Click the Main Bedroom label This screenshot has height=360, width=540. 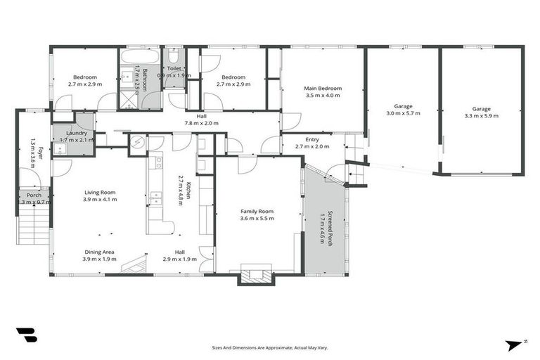pyautogui.click(x=322, y=89)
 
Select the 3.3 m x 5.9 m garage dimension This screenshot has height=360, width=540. pyautogui.click(x=481, y=116)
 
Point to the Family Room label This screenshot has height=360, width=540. pyautogui.click(x=257, y=211)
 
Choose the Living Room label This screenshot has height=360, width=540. pyautogui.click(x=100, y=192)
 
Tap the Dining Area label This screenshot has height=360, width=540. pyautogui.click(x=99, y=252)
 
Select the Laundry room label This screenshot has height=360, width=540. pyautogui.click(x=76, y=133)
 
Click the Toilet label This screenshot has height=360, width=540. pyautogui.click(x=174, y=68)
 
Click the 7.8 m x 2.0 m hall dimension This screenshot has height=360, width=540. pyautogui.click(x=201, y=123)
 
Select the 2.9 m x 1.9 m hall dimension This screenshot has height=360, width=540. pyautogui.click(x=180, y=259)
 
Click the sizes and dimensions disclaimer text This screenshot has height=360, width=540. pyautogui.click(x=270, y=347)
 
